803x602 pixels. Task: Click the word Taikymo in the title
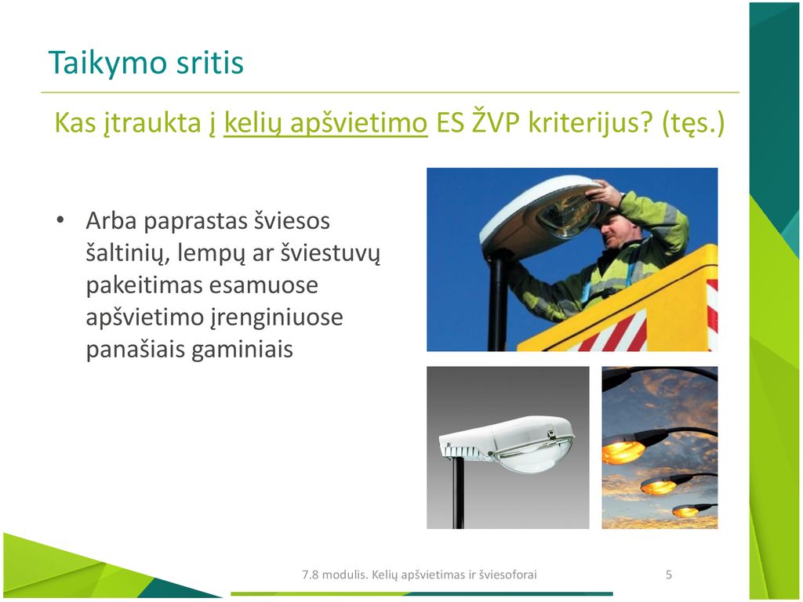107,63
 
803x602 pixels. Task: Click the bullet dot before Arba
60,220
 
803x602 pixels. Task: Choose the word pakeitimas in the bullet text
144,285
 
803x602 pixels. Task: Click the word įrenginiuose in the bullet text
277,318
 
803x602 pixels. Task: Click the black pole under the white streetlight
458,492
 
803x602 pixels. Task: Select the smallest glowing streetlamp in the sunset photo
686,510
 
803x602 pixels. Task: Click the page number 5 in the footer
668,575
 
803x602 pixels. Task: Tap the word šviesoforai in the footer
507,575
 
